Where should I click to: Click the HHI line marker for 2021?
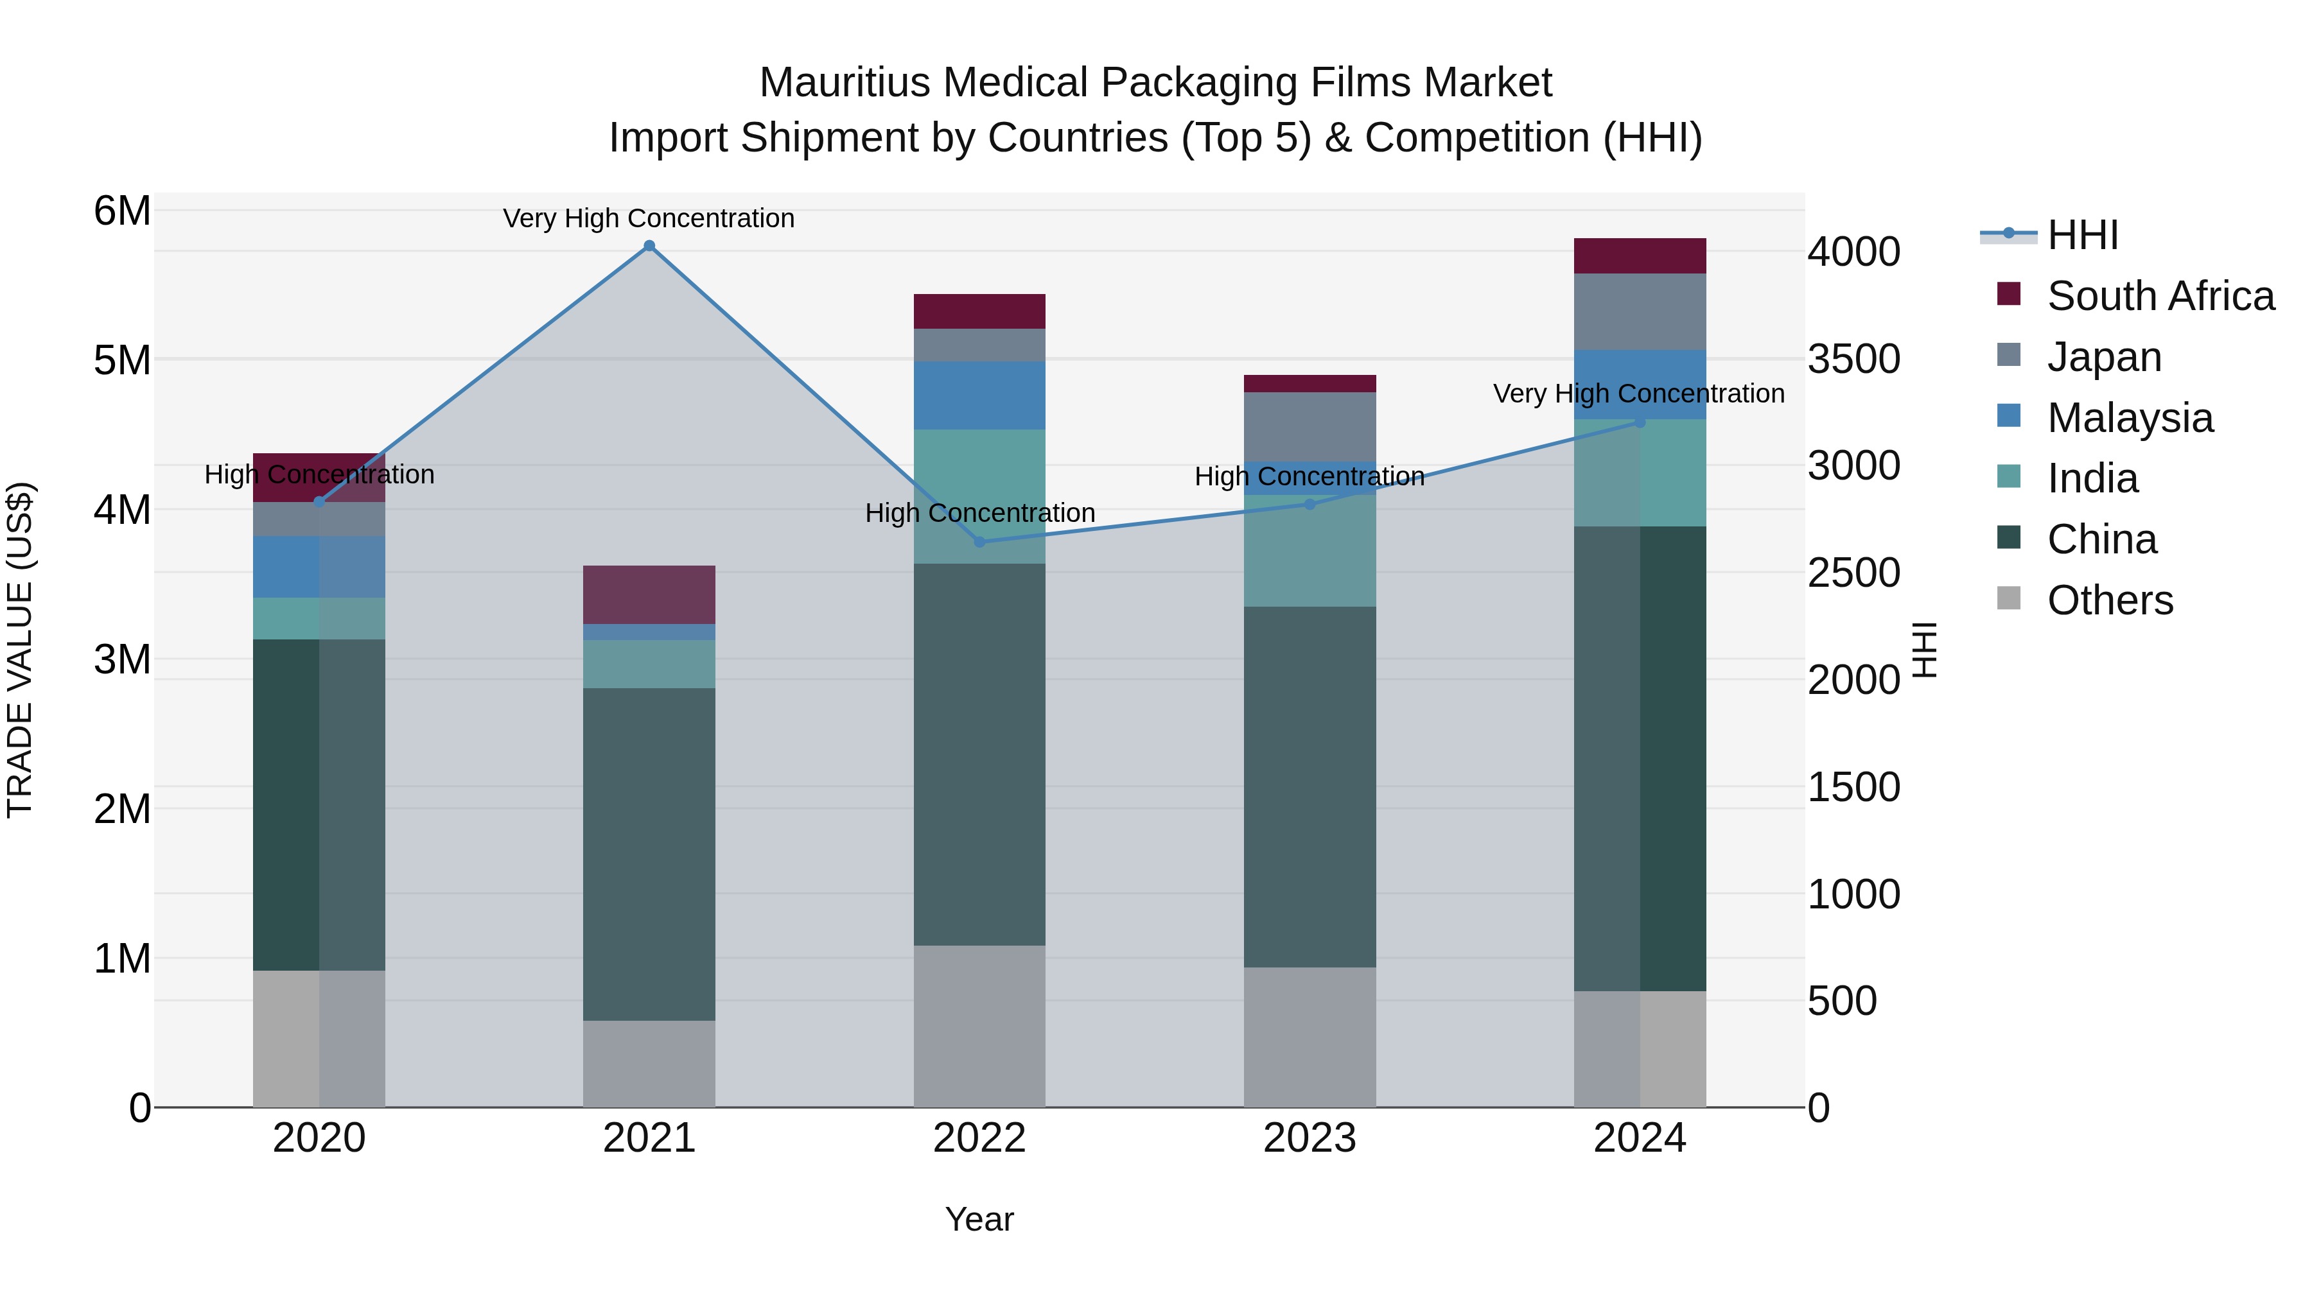(649, 246)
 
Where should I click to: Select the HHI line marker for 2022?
(979, 542)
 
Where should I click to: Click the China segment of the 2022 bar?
(979, 754)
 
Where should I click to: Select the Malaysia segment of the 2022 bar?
(979, 395)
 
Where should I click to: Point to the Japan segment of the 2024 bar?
(1640, 311)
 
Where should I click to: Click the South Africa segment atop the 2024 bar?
(1640, 256)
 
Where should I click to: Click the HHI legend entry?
(2082, 235)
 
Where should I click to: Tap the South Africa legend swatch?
(2009, 294)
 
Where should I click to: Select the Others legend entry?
(2109, 600)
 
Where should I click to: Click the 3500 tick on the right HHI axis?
(1853, 359)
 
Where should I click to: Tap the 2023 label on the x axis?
(1309, 1138)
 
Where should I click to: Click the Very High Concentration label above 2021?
(649, 218)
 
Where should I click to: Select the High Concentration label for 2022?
(980, 513)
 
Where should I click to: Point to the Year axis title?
(979, 1219)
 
